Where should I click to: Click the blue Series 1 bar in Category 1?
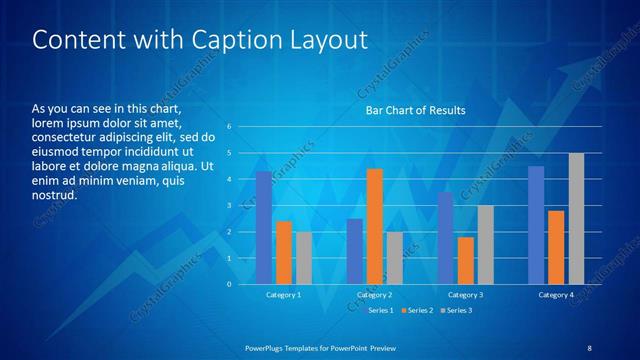pos(263,228)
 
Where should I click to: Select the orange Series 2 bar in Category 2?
pos(375,227)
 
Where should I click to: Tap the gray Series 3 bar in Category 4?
pos(576,218)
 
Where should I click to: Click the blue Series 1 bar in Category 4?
pos(536,225)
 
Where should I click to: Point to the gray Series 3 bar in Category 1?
pos(303,258)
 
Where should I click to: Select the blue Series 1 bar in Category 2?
pos(355,251)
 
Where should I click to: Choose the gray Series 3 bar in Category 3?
pos(485,244)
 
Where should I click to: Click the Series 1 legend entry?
pos(381,310)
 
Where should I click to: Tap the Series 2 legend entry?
pos(418,310)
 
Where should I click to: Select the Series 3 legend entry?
pos(457,310)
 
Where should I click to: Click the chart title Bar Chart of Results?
pos(416,109)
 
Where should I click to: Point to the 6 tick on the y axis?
pos(230,127)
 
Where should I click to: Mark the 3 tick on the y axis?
pos(230,206)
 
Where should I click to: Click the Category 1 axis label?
pos(283,295)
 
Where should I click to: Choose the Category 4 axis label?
pos(556,295)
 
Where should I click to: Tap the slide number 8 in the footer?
pos(590,346)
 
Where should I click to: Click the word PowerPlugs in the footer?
pos(267,346)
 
